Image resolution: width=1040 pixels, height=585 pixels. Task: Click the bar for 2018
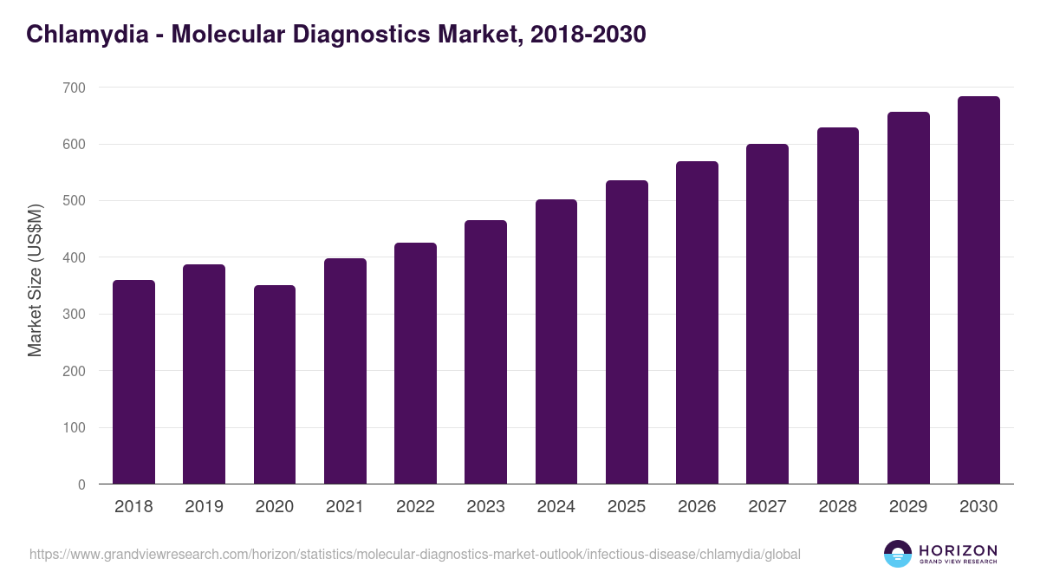click(x=133, y=381)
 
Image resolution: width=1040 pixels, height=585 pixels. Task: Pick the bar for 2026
click(x=697, y=322)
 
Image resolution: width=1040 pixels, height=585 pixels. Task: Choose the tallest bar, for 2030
click(x=978, y=290)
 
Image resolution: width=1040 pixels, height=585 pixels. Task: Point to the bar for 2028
click(x=837, y=306)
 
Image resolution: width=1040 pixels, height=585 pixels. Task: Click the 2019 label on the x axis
click(x=204, y=507)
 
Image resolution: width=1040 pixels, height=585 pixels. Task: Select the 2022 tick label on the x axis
click(x=415, y=507)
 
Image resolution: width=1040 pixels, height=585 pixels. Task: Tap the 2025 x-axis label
click(x=627, y=507)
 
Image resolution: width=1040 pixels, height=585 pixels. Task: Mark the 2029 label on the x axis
click(x=908, y=507)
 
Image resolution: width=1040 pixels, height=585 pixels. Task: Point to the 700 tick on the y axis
click(x=74, y=88)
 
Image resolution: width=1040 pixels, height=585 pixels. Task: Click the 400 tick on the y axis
click(x=74, y=257)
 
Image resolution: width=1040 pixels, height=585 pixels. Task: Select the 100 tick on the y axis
click(x=74, y=427)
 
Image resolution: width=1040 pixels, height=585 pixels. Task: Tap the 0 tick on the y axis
click(x=81, y=484)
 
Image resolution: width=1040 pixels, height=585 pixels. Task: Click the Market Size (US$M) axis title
click(x=35, y=279)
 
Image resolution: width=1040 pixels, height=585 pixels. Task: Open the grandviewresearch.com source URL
click(x=414, y=554)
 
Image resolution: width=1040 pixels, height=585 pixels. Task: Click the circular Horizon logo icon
click(x=898, y=554)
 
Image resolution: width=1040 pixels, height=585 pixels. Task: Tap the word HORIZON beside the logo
click(x=958, y=550)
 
